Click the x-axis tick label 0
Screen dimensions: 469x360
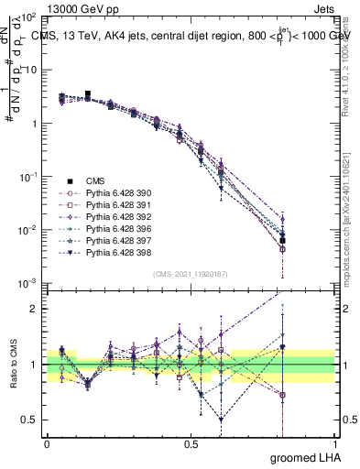click(47, 444)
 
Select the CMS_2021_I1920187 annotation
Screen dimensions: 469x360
click(190, 273)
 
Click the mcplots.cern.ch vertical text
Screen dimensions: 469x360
click(347, 238)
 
